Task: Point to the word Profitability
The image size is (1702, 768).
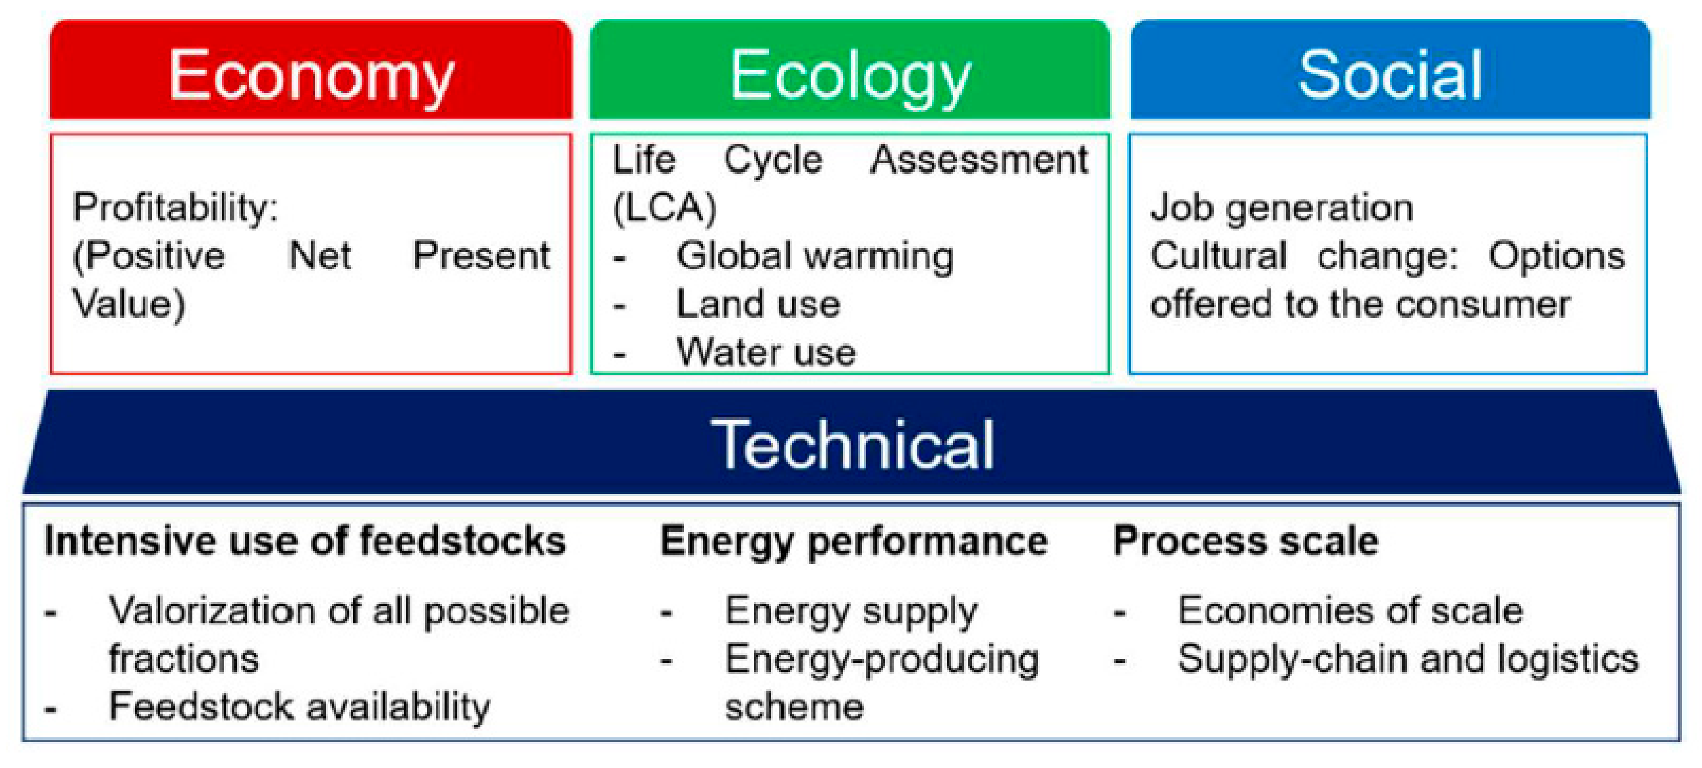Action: [x=175, y=208]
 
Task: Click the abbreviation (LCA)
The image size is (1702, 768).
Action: [x=664, y=208]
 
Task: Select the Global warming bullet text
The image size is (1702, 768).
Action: [x=814, y=256]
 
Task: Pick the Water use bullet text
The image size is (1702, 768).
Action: [x=766, y=352]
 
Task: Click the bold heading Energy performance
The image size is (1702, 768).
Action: [x=854, y=541]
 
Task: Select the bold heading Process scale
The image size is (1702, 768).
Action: [x=1246, y=541]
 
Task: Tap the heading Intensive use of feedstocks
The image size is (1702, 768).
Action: [x=305, y=541]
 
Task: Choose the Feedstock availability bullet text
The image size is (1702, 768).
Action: [x=299, y=707]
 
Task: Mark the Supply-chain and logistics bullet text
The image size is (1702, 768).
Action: [x=1407, y=659]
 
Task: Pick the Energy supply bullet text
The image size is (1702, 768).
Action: [x=850, y=612]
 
